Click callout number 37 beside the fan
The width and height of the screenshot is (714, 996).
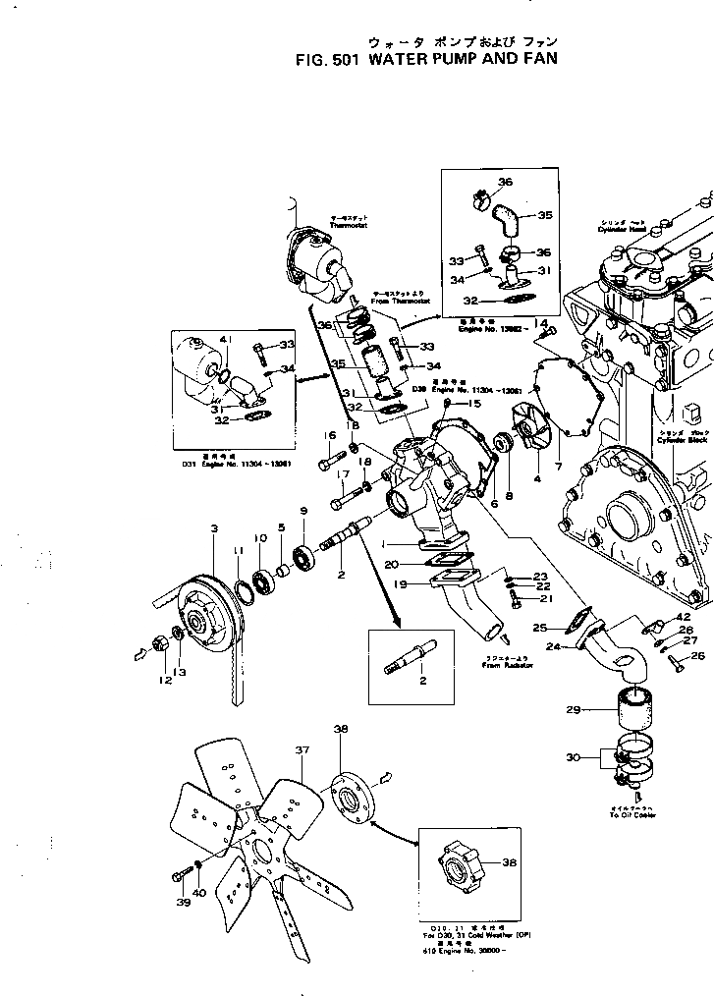pyautogui.click(x=302, y=749)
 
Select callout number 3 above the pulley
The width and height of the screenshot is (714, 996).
pyautogui.click(x=214, y=529)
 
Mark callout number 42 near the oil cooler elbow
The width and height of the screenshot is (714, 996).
pyautogui.click(x=684, y=617)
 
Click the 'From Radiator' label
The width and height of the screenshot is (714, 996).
pyautogui.click(x=508, y=665)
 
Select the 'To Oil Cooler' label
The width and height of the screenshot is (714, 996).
pyautogui.click(x=632, y=812)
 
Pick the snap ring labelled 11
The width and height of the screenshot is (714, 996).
pyautogui.click(x=240, y=595)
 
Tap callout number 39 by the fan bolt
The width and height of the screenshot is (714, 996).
pyautogui.click(x=183, y=903)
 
